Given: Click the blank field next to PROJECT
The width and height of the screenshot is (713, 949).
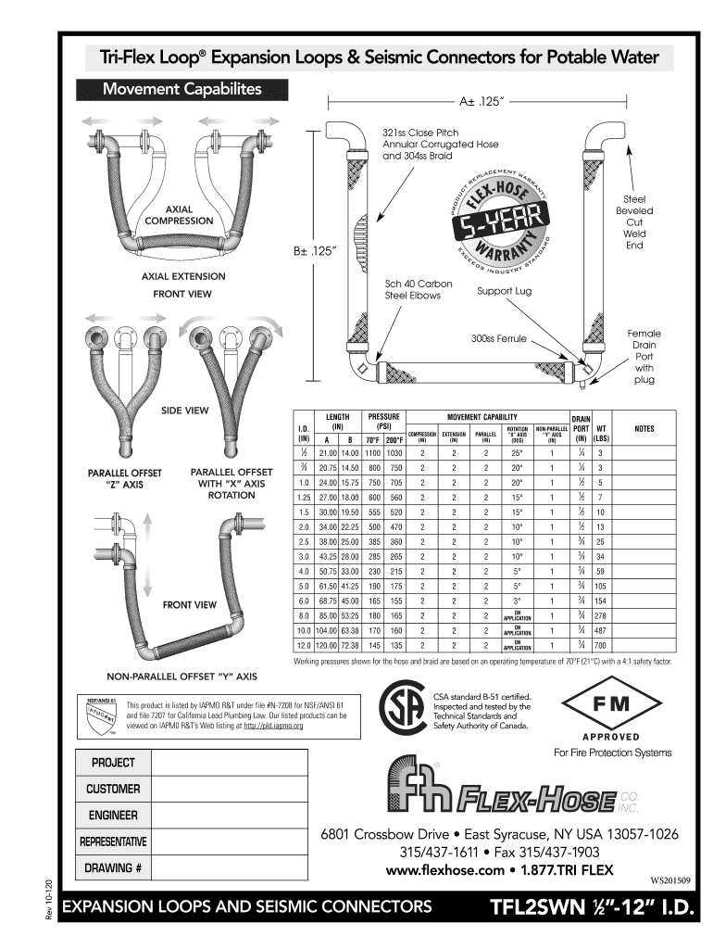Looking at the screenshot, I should pos(229,763).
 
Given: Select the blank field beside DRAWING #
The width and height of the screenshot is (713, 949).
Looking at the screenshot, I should pos(229,869).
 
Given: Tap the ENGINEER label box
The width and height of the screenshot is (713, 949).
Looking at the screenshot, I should pos(114,816).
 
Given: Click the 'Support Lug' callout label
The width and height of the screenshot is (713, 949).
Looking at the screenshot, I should pos(504,291).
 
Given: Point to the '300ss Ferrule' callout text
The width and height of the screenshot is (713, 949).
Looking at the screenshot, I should pos(498,339).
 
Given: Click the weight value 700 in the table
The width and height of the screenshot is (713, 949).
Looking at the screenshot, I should pos(600,644).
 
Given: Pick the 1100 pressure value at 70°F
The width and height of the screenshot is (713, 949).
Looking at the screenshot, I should pos(373,452).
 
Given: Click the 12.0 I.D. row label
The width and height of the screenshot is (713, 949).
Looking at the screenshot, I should pos(302,644).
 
